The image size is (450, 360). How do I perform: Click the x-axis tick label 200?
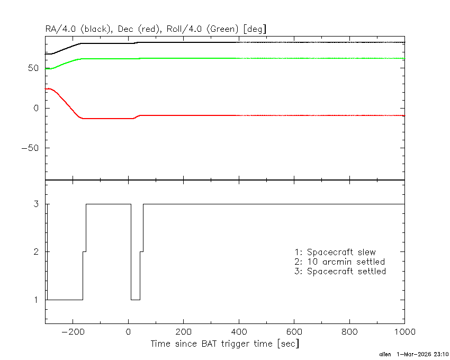pyautogui.click(x=183, y=332)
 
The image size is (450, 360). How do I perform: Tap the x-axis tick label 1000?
pyautogui.click(x=404, y=332)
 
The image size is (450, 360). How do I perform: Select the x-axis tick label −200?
pyautogui.click(x=73, y=332)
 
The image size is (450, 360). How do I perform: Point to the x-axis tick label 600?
pyautogui.click(x=294, y=332)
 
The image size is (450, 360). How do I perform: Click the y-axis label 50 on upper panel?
pyautogui.click(x=33, y=68)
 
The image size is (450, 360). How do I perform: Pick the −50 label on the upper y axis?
pyautogui.click(x=30, y=148)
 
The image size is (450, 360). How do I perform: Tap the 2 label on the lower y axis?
pyautogui.click(x=36, y=252)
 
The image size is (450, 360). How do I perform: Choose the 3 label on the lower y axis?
pyautogui.click(x=36, y=204)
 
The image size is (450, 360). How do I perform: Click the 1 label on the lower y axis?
pyautogui.click(x=36, y=300)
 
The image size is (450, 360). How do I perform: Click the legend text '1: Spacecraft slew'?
pyautogui.click(x=335, y=252)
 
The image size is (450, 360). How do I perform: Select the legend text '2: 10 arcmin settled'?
pyautogui.click(x=340, y=262)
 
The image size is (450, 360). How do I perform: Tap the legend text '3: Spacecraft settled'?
pyautogui.click(x=340, y=271)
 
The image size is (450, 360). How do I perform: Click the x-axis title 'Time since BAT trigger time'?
pyautogui.click(x=212, y=344)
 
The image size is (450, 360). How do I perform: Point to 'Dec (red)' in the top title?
pyautogui.click(x=139, y=29)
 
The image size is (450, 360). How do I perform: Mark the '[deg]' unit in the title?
pyautogui.click(x=255, y=29)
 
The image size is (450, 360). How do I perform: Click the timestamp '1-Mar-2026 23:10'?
pyautogui.click(x=422, y=354)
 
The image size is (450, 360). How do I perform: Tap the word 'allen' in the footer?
pyautogui.click(x=385, y=354)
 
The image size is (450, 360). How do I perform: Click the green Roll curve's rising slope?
pyautogui.click(x=66, y=64)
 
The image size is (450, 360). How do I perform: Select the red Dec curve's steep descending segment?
pyautogui.click(x=67, y=104)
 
